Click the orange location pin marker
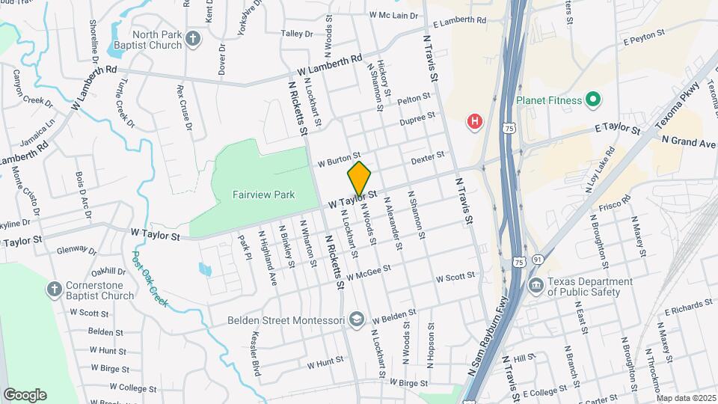click(x=359, y=179)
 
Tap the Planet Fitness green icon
click(x=593, y=99)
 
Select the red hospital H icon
click(x=473, y=121)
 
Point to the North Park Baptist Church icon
click(x=193, y=38)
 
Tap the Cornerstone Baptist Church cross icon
click(x=55, y=288)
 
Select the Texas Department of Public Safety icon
click(x=536, y=285)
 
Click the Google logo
click(x=25, y=394)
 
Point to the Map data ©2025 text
click(x=686, y=398)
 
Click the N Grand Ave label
click(x=689, y=141)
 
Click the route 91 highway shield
click(x=538, y=260)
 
